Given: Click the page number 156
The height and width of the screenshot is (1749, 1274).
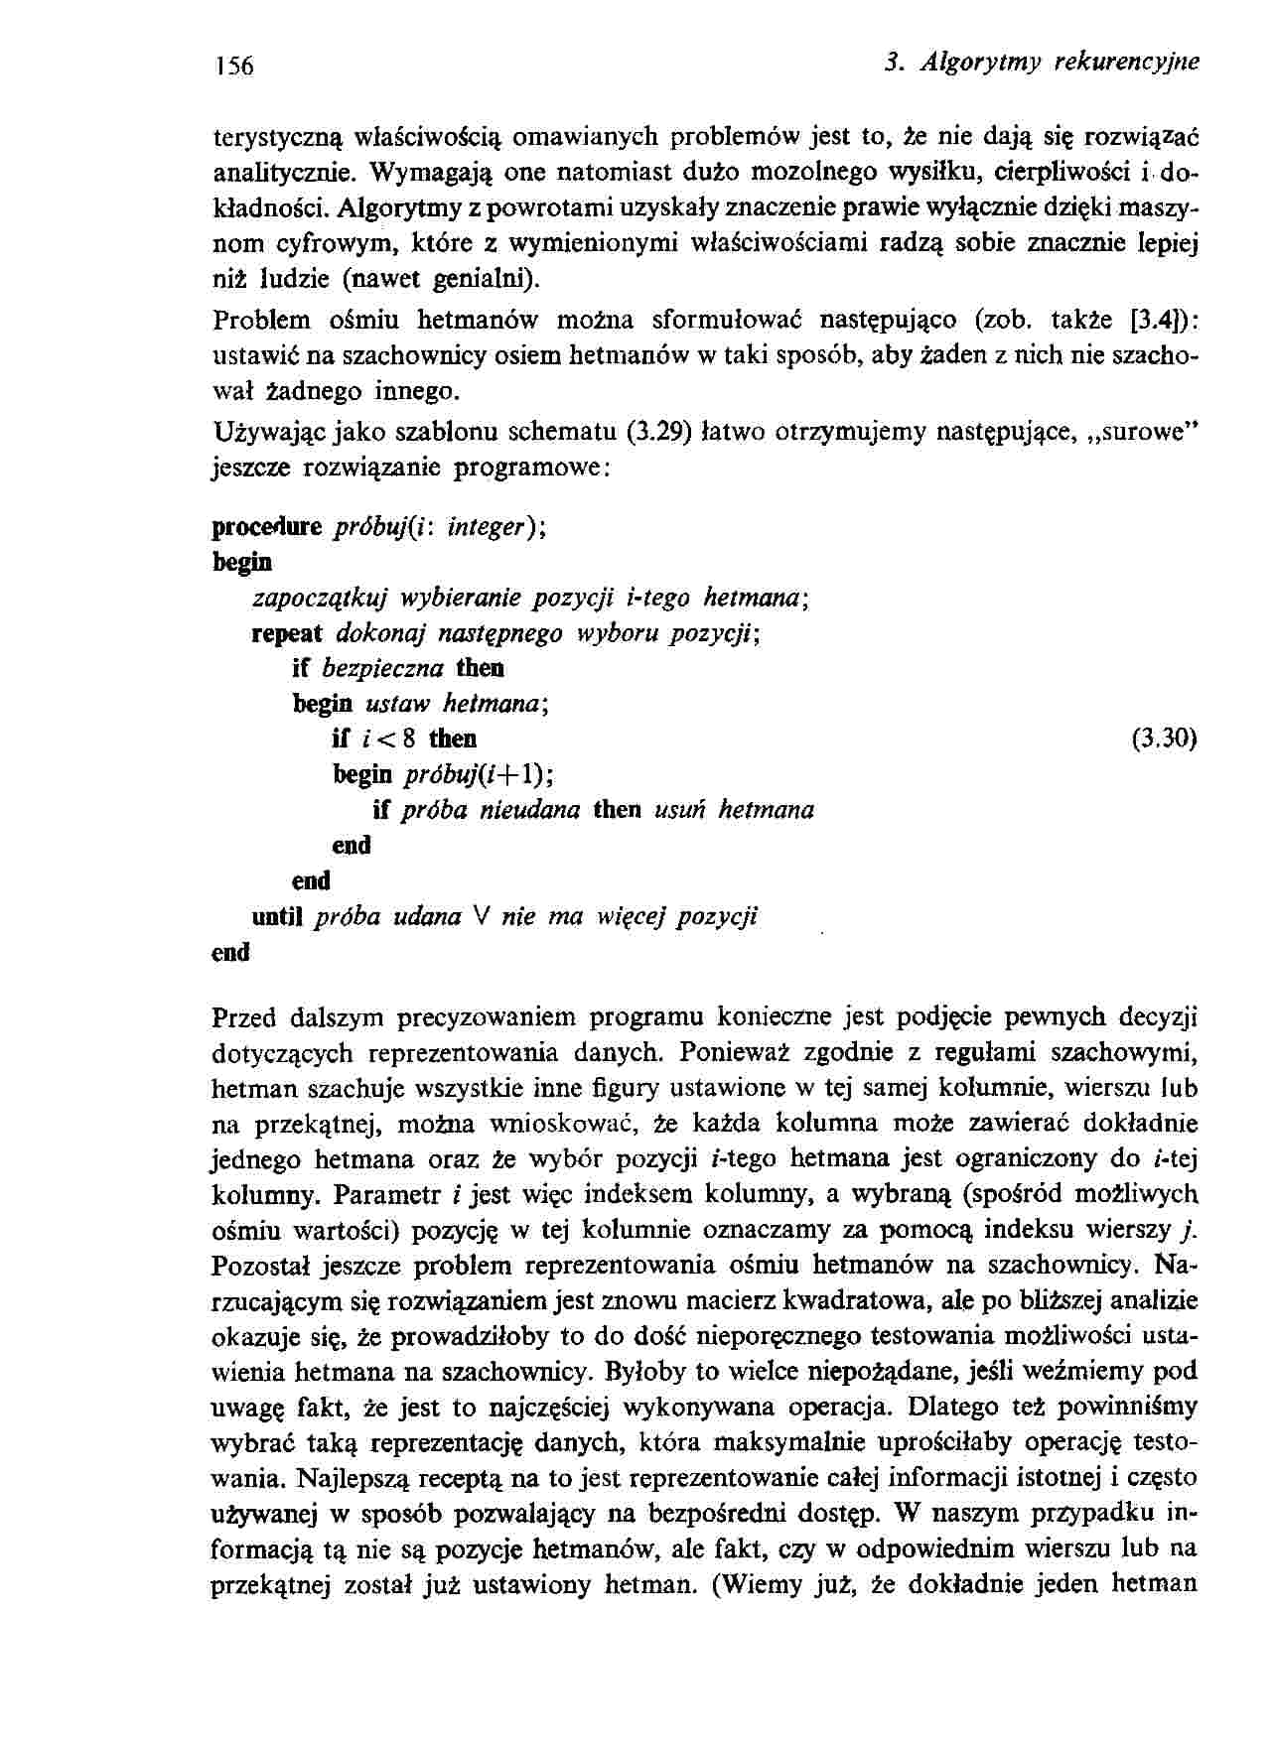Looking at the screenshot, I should (235, 67).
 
